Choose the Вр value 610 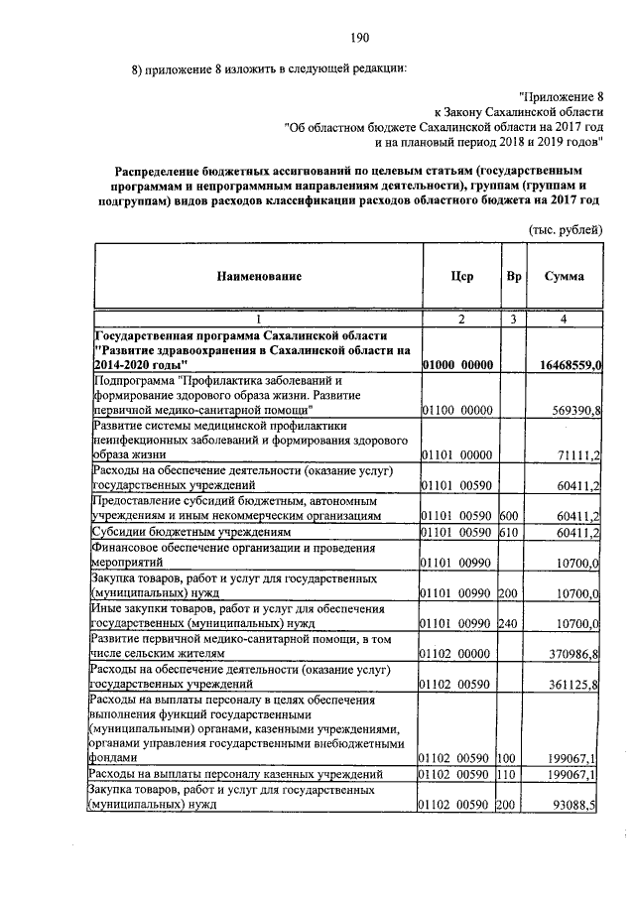(x=508, y=534)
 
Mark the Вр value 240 (x=508, y=623)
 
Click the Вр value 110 (x=508, y=774)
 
